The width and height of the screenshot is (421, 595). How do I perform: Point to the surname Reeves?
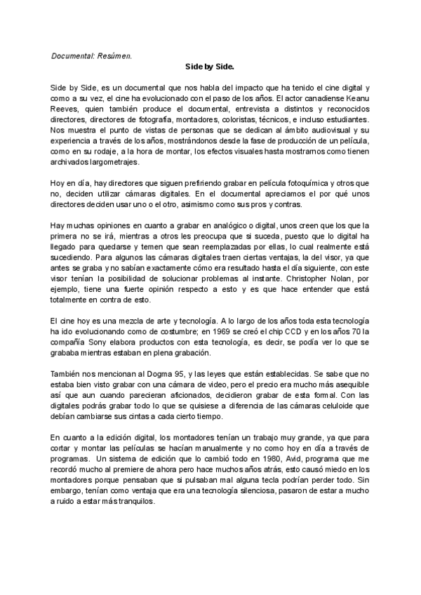(65, 109)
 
